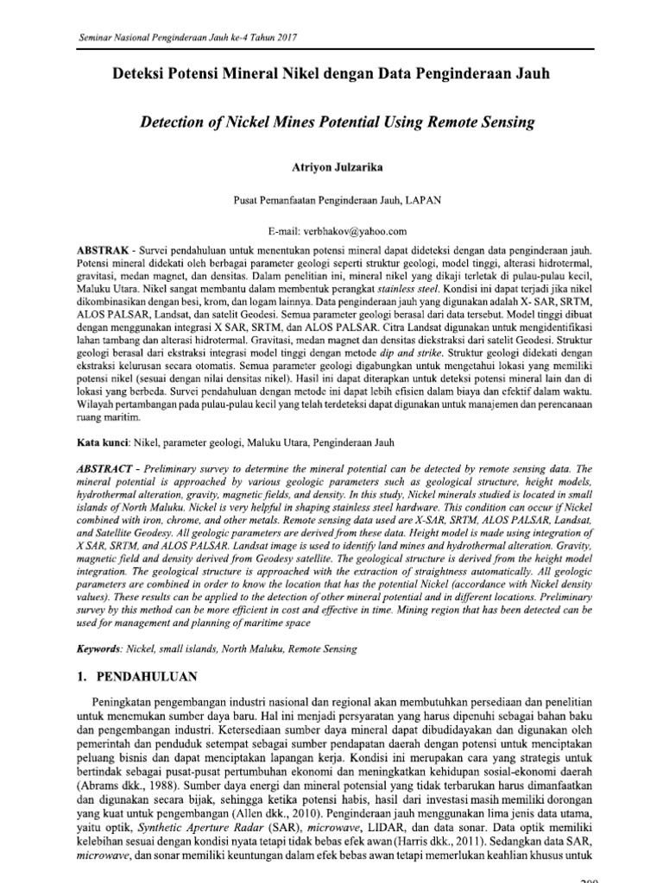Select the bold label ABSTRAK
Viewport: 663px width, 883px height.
pos(102,248)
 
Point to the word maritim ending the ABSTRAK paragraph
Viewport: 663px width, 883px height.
pos(117,418)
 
